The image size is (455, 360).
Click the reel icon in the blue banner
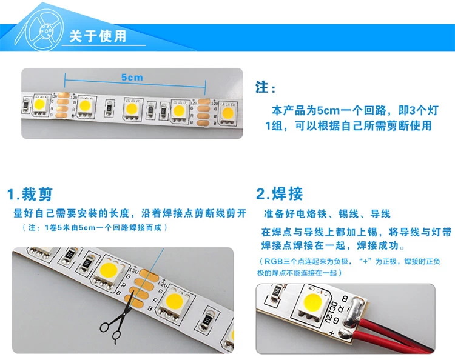point(39,30)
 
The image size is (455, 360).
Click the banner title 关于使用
point(98,36)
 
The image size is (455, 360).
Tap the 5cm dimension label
point(132,78)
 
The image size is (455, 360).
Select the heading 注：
point(265,87)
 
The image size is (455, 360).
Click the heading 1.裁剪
point(30,194)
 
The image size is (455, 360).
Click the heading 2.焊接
point(280,193)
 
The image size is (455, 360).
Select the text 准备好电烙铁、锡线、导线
point(328,214)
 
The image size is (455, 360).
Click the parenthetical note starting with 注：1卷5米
point(95,227)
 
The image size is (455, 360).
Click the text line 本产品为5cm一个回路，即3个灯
point(355,110)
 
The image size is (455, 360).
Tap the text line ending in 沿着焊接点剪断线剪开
point(130,213)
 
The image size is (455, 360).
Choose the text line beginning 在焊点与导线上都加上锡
point(356,232)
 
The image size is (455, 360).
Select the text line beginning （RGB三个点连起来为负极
point(349,261)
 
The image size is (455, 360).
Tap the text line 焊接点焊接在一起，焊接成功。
point(333,245)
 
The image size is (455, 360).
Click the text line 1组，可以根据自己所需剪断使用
point(348,126)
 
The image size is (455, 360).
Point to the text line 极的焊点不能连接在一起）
point(300,273)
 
